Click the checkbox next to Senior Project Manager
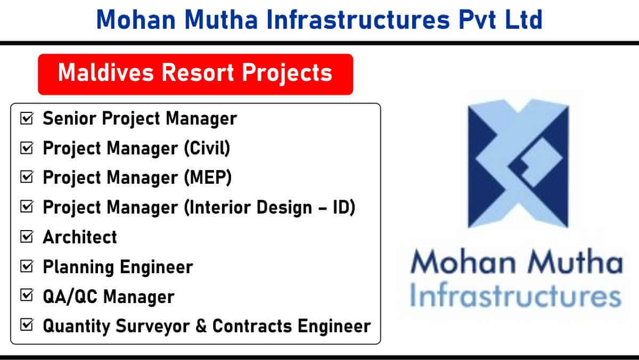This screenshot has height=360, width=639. click(27, 118)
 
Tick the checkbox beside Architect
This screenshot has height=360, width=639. click(27, 236)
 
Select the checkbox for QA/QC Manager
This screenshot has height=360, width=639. click(27, 295)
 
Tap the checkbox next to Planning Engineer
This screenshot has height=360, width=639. click(27, 266)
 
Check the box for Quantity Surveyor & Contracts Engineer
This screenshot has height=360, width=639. click(27, 325)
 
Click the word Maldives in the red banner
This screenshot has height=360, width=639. click(106, 72)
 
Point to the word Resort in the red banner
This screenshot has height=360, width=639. click(198, 72)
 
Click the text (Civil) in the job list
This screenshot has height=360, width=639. click(207, 148)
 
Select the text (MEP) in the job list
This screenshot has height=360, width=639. click(208, 177)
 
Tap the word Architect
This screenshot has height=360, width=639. click(80, 237)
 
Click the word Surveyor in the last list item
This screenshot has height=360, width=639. click(153, 326)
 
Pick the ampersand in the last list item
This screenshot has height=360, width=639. click(201, 325)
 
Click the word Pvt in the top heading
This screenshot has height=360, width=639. click(478, 19)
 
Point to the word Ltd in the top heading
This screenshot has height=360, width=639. click(524, 19)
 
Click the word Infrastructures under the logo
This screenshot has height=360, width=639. click(515, 294)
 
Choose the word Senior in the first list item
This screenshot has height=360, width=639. click(69, 118)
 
